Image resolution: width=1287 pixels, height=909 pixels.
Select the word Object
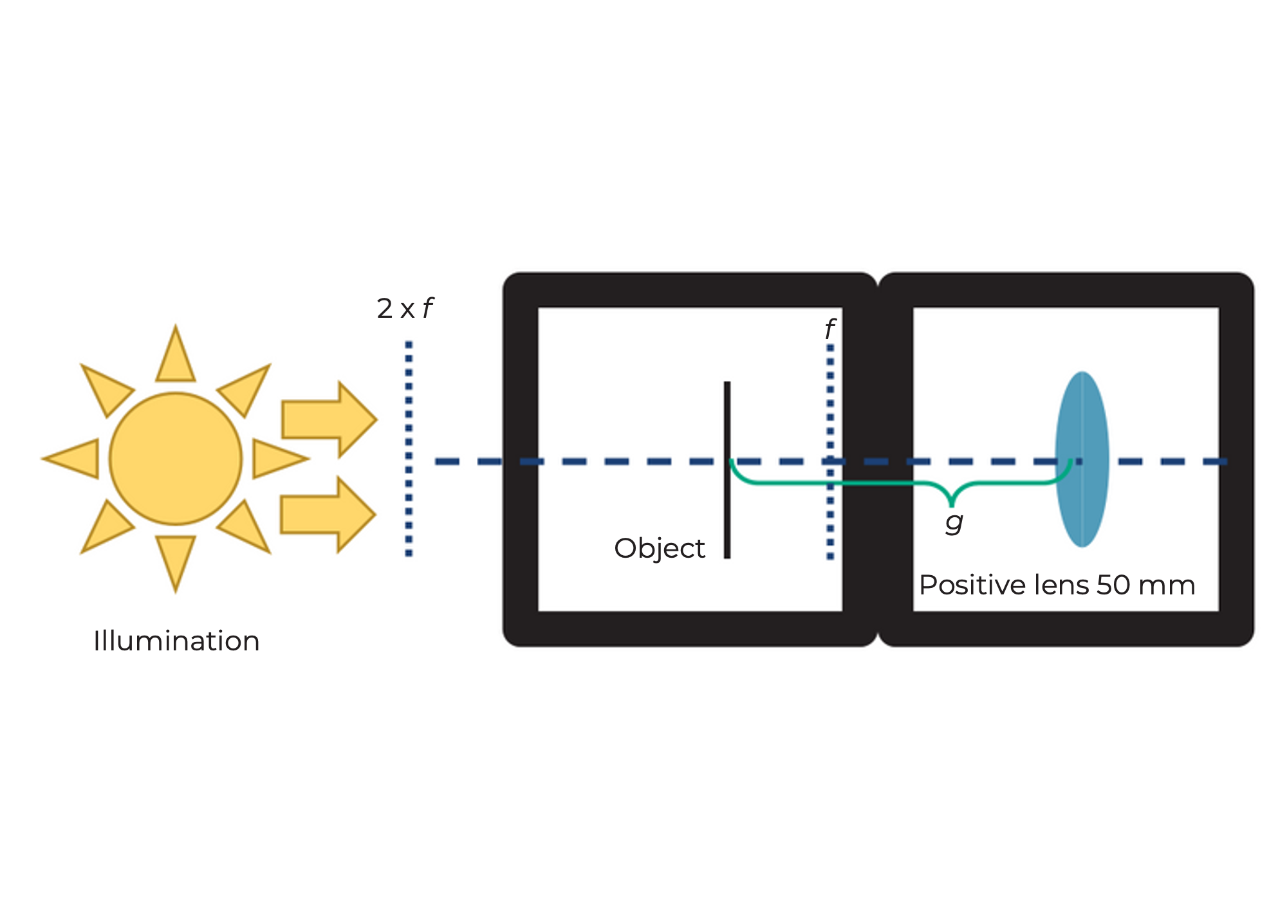(x=660, y=549)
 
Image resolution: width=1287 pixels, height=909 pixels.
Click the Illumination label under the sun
(x=176, y=641)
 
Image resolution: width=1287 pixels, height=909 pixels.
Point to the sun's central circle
(x=175, y=459)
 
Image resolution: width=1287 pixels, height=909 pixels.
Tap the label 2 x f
(x=405, y=309)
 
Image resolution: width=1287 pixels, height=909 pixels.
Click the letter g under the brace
(x=954, y=522)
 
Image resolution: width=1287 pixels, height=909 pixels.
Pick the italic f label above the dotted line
(x=829, y=329)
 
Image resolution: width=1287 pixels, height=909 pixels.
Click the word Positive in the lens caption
(x=972, y=585)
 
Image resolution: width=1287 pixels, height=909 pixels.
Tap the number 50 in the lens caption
(x=1113, y=585)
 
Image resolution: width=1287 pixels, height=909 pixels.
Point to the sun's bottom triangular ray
(x=175, y=558)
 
